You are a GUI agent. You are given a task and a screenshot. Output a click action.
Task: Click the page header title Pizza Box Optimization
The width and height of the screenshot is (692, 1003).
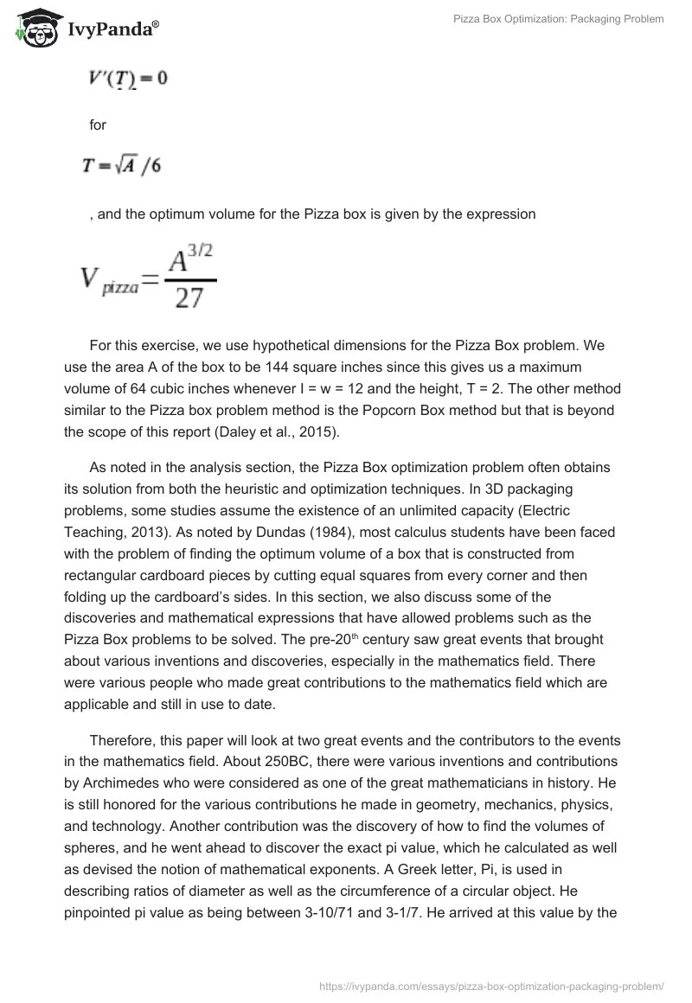pos(558,19)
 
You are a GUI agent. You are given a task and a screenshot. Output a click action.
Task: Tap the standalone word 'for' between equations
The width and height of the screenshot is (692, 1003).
pos(98,125)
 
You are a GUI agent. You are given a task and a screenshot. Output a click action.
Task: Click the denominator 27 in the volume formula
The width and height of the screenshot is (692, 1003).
pos(189,298)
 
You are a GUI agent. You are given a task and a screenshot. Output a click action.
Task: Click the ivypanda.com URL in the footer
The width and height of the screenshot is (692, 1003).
pos(491,985)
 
